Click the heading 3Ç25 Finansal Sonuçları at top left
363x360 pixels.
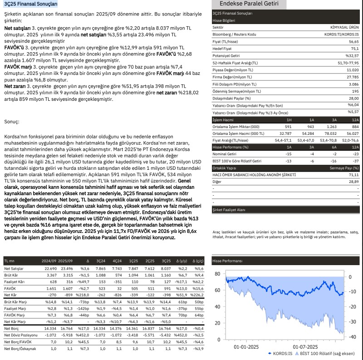coord(30,4)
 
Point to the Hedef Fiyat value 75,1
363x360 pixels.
coord(354,48)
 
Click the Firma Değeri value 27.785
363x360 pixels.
coord(352,77)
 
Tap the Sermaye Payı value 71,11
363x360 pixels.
coord(353,174)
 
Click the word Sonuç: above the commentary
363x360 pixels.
coord(12,122)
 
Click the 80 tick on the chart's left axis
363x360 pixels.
coord(217,274)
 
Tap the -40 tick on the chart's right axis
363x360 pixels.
coord(353,337)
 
